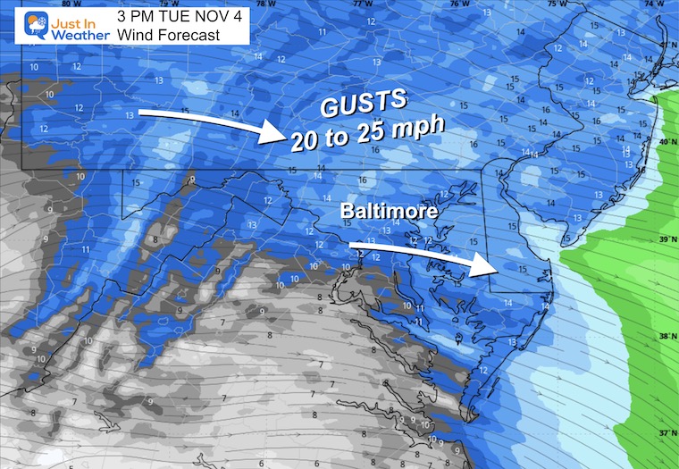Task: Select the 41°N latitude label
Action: pos(665,46)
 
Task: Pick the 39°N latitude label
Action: pos(665,240)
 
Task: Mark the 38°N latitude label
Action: pos(665,336)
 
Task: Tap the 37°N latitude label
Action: pos(665,431)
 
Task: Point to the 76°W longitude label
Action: pos(458,4)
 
